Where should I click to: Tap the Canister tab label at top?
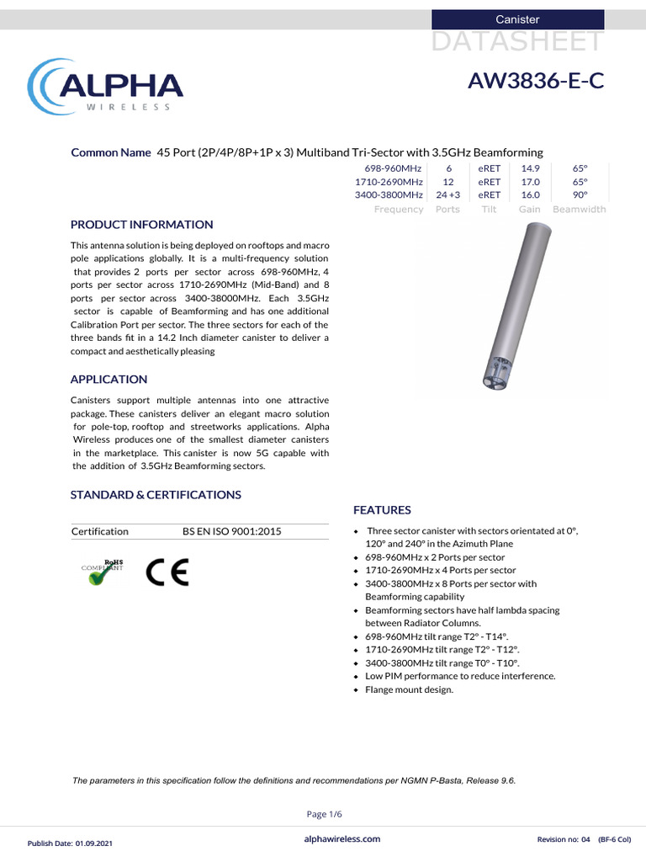(517, 19)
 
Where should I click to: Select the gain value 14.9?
(530, 168)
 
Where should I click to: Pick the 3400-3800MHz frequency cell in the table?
(388, 195)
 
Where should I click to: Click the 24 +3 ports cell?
(447, 195)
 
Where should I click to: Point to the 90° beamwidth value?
(579, 195)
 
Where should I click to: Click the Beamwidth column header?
(579, 209)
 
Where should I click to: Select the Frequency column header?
(398, 209)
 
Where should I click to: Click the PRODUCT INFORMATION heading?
(141, 225)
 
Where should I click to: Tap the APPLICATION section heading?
(109, 379)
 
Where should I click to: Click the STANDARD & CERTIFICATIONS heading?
(156, 494)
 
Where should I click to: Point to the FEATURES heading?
(382, 510)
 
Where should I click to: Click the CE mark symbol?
(167, 572)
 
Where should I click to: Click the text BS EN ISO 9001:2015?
(231, 531)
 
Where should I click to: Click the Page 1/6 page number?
(323, 813)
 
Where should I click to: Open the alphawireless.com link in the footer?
(341, 838)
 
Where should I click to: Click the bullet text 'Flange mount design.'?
(409, 689)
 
